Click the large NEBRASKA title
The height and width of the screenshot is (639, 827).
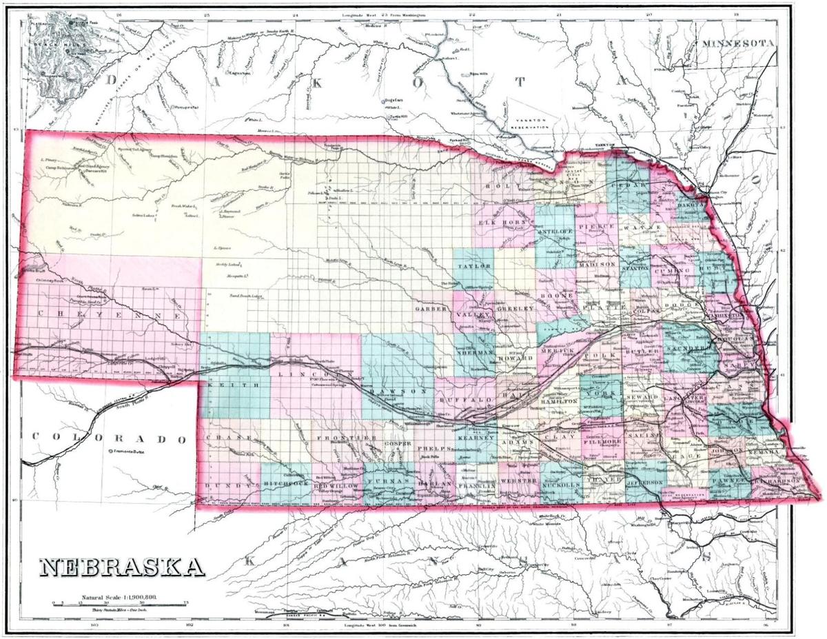click(121, 567)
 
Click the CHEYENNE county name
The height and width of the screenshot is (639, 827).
click(110, 314)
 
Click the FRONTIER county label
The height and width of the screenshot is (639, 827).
click(346, 438)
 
